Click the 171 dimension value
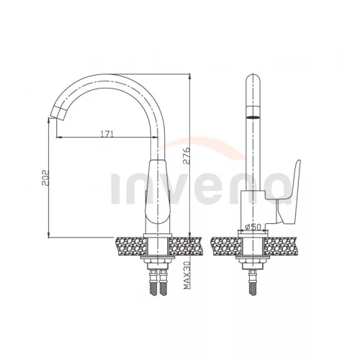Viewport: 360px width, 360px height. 107,134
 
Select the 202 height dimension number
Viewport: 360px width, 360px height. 45,178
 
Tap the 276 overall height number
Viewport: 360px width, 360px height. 186,156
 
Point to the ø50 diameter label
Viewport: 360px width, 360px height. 253,227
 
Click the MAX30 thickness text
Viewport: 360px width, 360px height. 186,275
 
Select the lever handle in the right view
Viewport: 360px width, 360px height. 289,192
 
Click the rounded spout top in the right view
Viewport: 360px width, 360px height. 253,81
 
